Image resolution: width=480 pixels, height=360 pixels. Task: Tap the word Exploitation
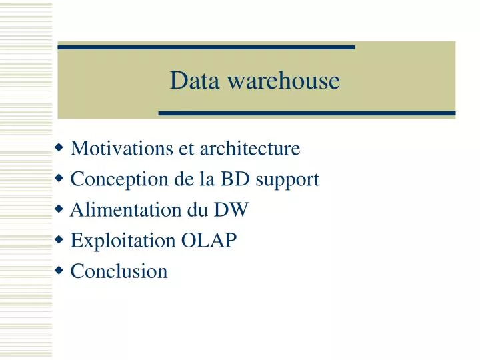coord(123,241)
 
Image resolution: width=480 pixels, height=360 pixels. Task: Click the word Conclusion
coord(119,271)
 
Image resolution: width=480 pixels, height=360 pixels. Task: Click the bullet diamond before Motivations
coord(60,147)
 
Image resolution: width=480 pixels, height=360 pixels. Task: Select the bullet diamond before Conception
coord(60,178)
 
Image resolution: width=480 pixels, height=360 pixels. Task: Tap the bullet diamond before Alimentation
coord(60,209)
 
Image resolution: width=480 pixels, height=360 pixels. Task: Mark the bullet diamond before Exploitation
coord(60,239)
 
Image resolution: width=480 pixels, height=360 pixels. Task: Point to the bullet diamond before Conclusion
coord(60,270)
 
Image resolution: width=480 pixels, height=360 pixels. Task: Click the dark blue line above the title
coord(206,47)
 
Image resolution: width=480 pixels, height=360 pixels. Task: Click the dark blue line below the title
coord(307,113)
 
